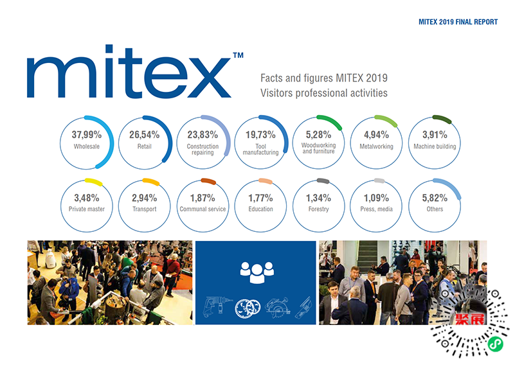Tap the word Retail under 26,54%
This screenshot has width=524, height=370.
pos(145,146)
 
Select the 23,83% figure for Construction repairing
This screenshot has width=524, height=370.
pos(203,135)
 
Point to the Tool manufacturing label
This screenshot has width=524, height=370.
pos(261,150)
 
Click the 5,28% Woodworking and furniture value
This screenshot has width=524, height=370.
pos(318,135)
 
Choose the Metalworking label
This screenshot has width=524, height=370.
pos(377,146)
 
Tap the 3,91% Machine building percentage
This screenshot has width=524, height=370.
pos(435,135)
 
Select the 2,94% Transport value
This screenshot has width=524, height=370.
pos(145,198)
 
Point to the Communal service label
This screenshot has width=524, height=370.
pos(203,209)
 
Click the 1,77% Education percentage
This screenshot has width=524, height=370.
pos(261,198)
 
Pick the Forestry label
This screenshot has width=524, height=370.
pos(318,209)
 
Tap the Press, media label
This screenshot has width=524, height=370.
pos(377,209)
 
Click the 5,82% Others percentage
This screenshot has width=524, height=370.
pos(435,198)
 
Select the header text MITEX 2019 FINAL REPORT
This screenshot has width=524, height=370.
pos(457,22)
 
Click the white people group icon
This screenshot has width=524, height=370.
pos(257,272)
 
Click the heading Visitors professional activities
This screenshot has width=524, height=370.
pos(323,92)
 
